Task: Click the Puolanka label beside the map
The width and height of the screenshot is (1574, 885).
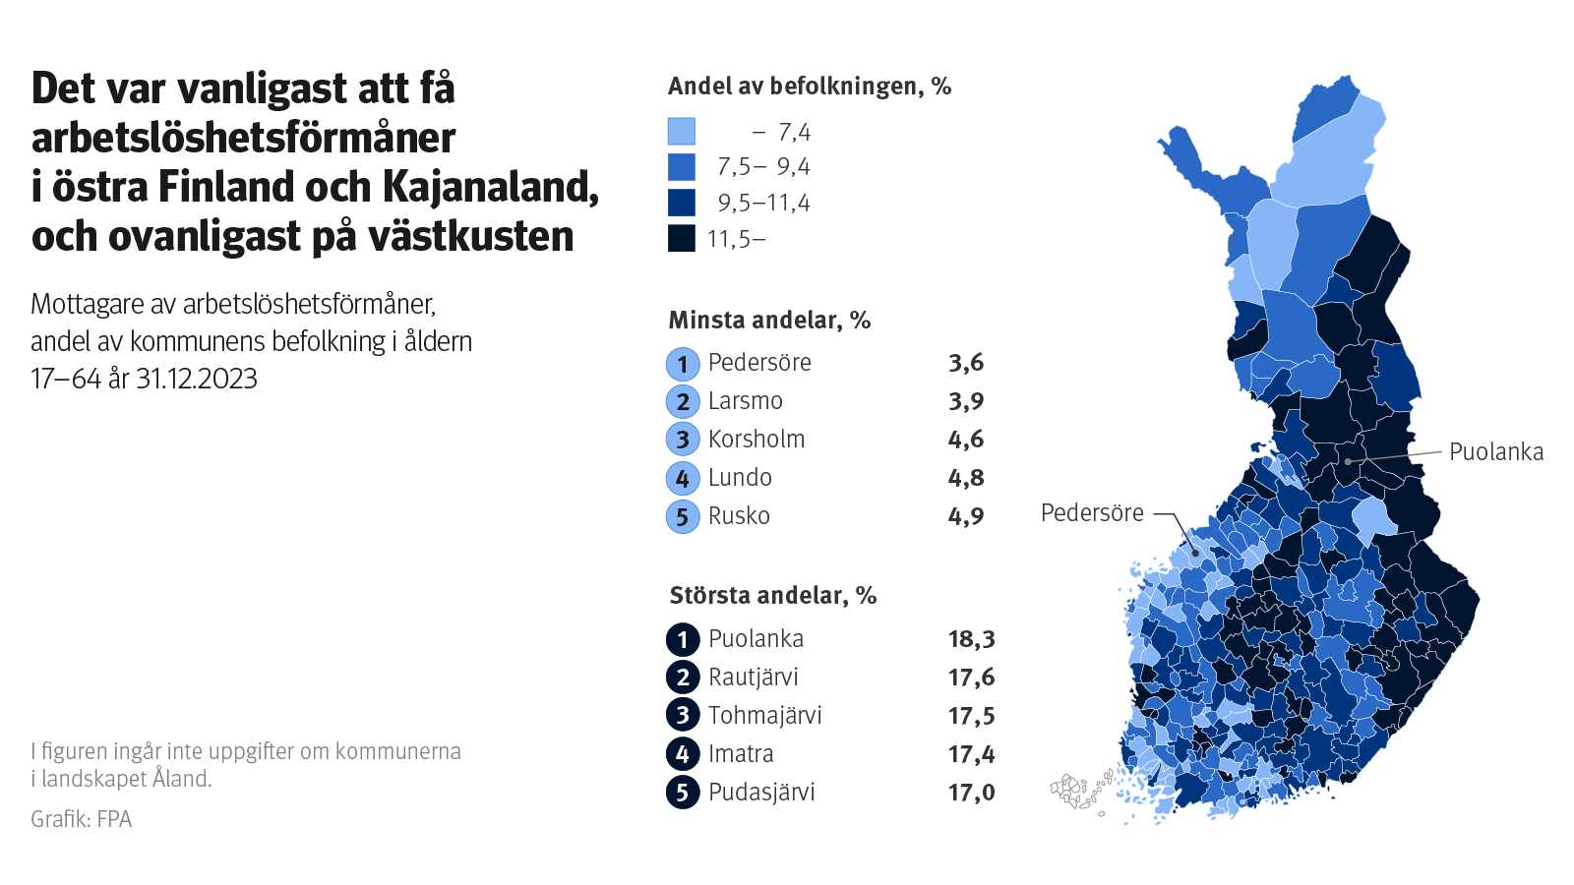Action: click(x=1495, y=452)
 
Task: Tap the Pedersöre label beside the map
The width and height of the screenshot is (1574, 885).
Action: click(x=1092, y=513)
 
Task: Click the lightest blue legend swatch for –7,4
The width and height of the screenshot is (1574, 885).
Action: click(x=682, y=132)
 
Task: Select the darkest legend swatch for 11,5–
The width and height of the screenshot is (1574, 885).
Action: click(x=682, y=239)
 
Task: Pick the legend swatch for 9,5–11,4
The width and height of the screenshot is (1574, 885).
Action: click(x=682, y=203)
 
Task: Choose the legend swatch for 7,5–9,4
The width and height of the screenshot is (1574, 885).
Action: click(x=682, y=167)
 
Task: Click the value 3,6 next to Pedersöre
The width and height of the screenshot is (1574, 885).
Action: click(x=965, y=363)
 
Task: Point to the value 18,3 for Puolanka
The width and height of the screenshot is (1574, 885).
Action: click(x=971, y=639)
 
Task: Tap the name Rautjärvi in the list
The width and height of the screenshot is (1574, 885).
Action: click(x=753, y=678)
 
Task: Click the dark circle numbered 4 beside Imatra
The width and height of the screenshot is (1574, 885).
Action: click(x=683, y=754)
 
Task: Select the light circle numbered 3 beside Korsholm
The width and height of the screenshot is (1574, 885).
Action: click(x=683, y=440)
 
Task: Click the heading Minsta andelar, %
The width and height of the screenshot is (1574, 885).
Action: click(x=769, y=321)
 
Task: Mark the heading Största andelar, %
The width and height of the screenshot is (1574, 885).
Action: click(x=772, y=596)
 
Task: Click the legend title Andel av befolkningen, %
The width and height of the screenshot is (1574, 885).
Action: click(x=809, y=87)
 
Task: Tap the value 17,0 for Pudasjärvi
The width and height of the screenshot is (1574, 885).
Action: click(x=971, y=793)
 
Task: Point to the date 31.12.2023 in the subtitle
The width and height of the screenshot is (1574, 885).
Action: click(x=197, y=379)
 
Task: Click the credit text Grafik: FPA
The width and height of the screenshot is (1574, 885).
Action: click(x=81, y=819)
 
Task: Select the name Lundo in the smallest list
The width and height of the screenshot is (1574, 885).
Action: click(x=740, y=478)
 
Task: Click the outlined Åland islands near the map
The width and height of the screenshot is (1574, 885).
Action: click(x=1072, y=790)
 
